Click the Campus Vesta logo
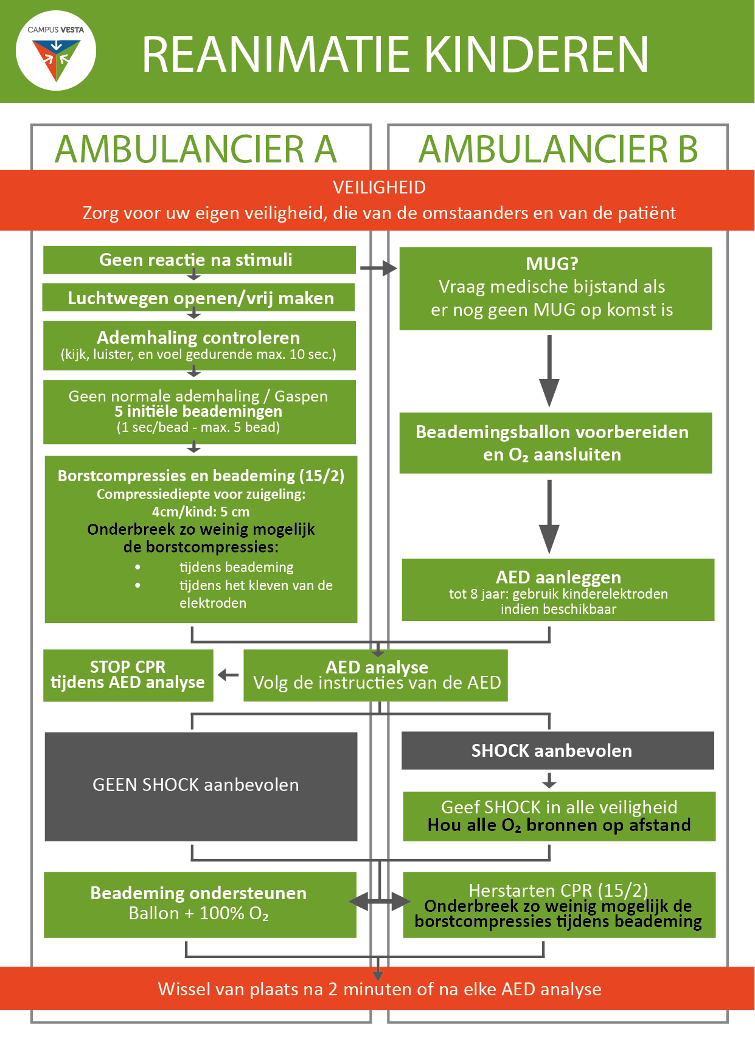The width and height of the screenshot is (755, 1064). pos(56,51)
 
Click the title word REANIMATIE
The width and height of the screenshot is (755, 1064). pos(276,55)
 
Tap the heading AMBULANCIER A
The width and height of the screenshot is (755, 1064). pos(196,150)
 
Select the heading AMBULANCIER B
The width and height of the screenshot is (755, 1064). pos(558,150)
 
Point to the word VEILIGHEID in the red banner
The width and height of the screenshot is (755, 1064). pos(379,187)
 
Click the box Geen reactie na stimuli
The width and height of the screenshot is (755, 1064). pos(200,260)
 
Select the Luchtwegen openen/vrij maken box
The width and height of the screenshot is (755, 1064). pos(198,297)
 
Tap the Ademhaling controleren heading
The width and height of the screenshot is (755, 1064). pos(198,338)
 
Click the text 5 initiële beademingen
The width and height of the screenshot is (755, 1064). pos(198,411)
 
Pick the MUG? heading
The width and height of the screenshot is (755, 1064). pos(552,263)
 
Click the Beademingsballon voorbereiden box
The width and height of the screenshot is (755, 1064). pos(555,443)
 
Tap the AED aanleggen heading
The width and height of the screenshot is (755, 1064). pos(558,577)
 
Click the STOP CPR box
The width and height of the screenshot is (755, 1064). pos(128,675)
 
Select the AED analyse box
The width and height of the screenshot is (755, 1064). pos(376,675)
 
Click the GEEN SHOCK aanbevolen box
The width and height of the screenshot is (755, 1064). pos(201,787)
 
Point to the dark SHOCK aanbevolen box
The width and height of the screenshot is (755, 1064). pos(558,751)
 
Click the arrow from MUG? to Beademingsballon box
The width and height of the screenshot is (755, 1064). pos(549,371)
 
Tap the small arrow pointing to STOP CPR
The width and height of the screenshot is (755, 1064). pos(228,675)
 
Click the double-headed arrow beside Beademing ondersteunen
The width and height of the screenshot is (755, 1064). pos(380,902)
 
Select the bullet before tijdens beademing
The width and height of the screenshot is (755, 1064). pos(138,567)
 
